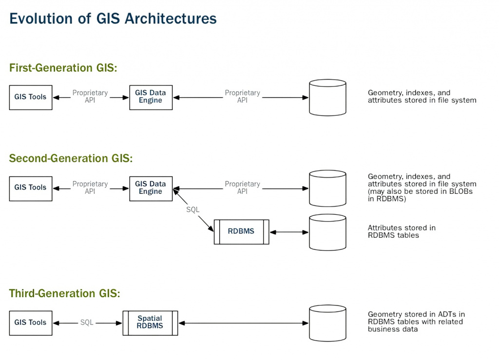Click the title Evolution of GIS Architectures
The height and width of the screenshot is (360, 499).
113,19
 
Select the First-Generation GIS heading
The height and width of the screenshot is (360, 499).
63,68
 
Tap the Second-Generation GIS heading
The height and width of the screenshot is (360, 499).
71,158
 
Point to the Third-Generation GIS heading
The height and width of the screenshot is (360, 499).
64,293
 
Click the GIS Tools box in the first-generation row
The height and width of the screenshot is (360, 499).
31,97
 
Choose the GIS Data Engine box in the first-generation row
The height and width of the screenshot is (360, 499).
151,97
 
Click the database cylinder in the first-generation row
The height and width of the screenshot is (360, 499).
327,97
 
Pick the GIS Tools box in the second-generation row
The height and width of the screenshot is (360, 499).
31,188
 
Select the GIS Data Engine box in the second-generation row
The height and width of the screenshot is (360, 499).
151,188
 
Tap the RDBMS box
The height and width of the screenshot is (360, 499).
241,231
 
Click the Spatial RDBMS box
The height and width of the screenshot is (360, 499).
150,322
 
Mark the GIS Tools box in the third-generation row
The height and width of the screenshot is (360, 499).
31,322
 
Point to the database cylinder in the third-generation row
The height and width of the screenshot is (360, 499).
327,323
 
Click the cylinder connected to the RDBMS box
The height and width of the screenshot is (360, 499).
327,232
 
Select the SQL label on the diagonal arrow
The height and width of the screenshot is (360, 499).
193,210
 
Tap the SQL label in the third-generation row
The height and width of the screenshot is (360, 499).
87,322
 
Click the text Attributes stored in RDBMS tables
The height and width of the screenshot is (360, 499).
402,231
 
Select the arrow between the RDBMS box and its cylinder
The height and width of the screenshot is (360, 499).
289,232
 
